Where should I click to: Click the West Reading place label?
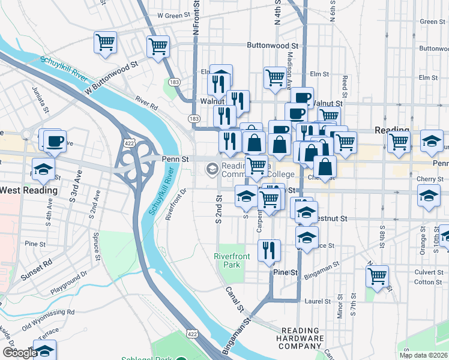coord(28,190)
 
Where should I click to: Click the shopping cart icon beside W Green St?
coord(158,46)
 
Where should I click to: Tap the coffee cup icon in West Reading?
coord(55,141)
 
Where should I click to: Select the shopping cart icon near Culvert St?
coord(377,277)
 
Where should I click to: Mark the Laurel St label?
coord(318,301)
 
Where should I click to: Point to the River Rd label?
coord(146,103)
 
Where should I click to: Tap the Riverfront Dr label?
coord(176,205)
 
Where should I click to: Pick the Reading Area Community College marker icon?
coord(211,169)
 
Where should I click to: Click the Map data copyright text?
coord(423,355)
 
